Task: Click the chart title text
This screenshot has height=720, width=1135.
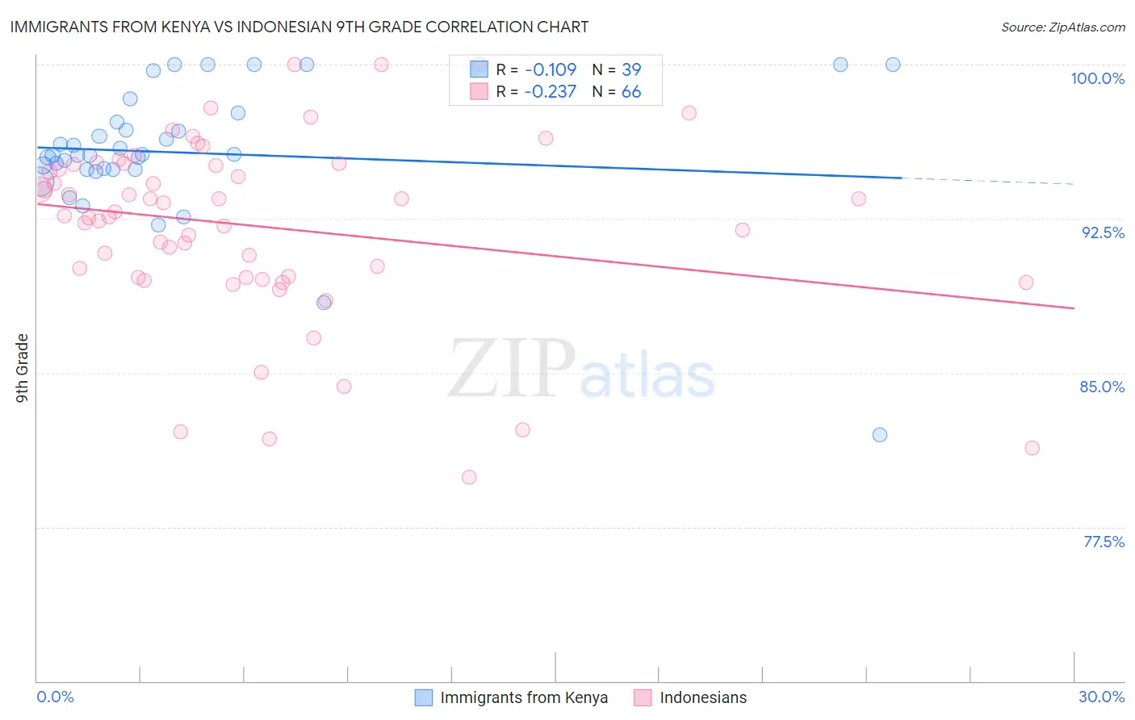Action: (x=299, y=27)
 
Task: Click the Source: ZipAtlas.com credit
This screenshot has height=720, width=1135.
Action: (x=1062, y=27)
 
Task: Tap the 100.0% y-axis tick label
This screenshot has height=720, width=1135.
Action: (x=1097, y=78)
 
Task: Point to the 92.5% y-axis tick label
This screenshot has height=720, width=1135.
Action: (x=1103, y=232)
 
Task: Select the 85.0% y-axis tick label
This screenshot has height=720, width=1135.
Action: (x=1102, y=387)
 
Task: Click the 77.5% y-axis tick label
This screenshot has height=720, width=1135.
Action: (x=1104, y=542)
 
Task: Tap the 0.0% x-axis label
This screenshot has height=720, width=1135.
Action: (x=55, y=697)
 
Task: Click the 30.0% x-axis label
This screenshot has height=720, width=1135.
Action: (x=1101, y=697)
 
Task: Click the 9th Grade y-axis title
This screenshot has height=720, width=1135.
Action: (x=22, y=368)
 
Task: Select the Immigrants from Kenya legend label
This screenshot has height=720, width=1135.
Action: (x=524, y=697)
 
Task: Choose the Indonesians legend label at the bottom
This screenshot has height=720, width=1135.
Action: (x=703, y=697)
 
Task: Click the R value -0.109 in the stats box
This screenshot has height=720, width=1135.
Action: (x=550, y=69)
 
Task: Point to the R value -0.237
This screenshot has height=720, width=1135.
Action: (x=550, y=92)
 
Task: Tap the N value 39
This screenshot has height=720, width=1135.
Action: (x=631, y=69)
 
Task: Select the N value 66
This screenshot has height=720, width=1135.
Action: (x=631, y=92)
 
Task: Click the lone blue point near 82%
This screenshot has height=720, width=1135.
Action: (x=880, y=435)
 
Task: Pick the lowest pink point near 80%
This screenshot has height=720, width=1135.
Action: (x=469, y=477)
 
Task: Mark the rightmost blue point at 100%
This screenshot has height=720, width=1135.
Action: (x=893, y=65)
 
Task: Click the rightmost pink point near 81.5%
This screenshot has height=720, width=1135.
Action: (x=1032, y=448)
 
